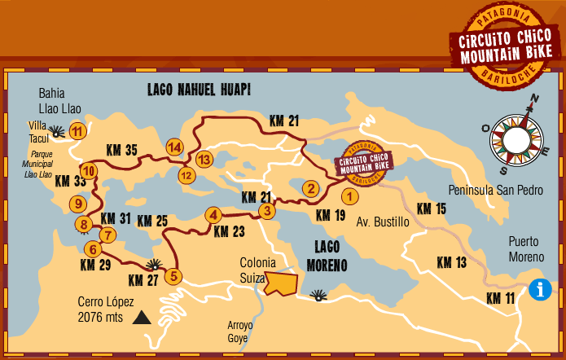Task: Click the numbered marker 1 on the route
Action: (x=349, y=195)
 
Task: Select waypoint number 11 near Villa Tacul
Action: (x=77, y=130)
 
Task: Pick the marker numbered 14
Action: (x=173, y=147)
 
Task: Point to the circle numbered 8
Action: (x=83, y=224)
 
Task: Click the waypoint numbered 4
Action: (x=213, y=215)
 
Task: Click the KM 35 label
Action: (x=121, y=149)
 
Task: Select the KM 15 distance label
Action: (x=432, y=209)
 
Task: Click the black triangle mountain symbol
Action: (x=143, y=318)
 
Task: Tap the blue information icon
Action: (x=539, y=289)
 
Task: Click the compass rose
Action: (x=517, y=135)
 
